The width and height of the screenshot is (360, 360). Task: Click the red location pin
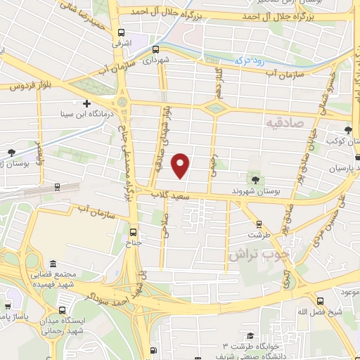pos(181,165)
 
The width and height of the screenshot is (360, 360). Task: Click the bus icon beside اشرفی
pos(122,32)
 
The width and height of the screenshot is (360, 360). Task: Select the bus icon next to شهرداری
pos(155,49)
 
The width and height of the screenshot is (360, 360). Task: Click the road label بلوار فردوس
pos(29,86)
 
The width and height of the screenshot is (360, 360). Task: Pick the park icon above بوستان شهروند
pos(254,181)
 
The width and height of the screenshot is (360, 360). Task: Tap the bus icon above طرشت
pos(258,224)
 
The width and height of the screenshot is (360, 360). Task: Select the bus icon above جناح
pos(134,231)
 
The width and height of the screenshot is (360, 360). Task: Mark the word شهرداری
pos(157,60)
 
